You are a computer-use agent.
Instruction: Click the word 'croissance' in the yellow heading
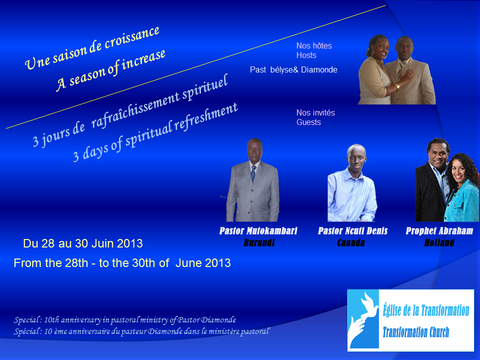pos(132,38)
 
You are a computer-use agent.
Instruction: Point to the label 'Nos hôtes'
pos(314,46)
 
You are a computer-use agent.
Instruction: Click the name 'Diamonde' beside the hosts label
pos(319,70)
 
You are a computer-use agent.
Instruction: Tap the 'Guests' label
pos(308,122)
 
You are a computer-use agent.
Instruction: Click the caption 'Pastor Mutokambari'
pos(258,231)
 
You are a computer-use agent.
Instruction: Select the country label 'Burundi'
pos(259,243)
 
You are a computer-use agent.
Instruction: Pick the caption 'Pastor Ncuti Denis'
pos(352,231)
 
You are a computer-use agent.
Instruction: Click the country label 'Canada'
pos(351,243)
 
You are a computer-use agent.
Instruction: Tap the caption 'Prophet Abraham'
pos(439,231)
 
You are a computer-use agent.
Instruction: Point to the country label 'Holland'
pos(439,243)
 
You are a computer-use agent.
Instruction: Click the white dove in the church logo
pos(369,306)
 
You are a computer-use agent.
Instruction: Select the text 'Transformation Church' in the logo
pos(416,332)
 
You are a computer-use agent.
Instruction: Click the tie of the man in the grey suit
pos(253,173)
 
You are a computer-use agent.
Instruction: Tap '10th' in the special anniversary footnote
pos(51,320)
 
